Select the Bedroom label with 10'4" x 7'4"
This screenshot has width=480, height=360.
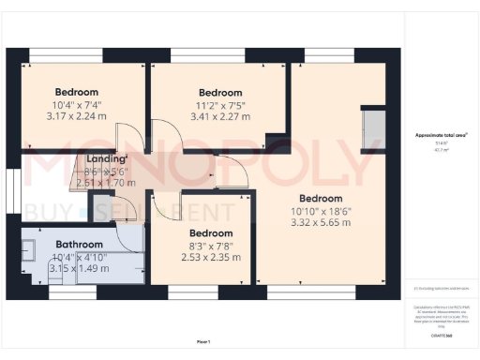[x=78, y=92]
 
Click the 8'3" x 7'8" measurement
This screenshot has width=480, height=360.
[x=211, y=246]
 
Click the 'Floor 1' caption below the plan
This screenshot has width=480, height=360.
[x=203, y=342]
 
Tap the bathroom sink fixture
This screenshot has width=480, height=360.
[x=29, y=251]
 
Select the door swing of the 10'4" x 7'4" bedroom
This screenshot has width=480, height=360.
[x=137, y=141]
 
